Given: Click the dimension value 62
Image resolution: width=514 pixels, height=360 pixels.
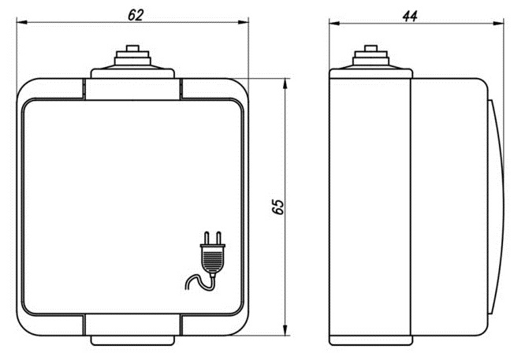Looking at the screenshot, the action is tap(136, 15).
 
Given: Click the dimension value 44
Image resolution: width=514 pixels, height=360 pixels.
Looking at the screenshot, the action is tap(410, 16).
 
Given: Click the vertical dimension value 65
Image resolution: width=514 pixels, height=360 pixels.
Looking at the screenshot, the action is tap(278, 206).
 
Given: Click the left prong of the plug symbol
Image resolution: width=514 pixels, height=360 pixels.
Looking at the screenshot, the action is tap(207, 238).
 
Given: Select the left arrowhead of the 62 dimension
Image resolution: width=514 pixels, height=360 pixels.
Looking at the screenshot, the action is tap(21, 22).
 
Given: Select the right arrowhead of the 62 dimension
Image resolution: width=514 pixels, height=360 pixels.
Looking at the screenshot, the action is tap(244, 22).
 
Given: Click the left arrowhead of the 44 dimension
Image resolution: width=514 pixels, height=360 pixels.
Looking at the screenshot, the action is tap(335, 23).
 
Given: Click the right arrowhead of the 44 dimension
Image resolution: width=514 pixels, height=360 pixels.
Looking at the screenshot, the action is tap(498, 23).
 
